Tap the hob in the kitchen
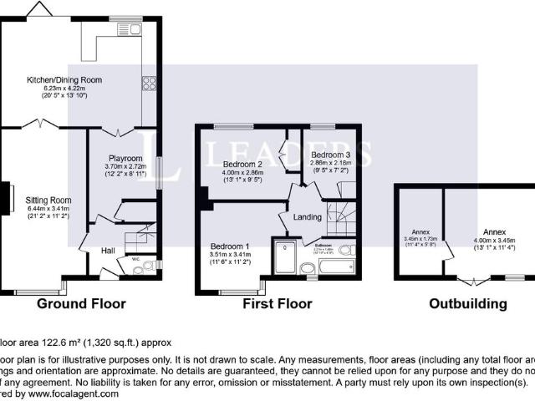[150, 83]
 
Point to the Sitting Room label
[48, 200]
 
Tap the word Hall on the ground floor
[108, 251]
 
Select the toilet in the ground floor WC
[149, 266]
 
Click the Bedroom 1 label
[230, 246]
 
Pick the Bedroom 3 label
[331, 155]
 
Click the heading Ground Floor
[81, 305]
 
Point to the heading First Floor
[277, 305]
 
